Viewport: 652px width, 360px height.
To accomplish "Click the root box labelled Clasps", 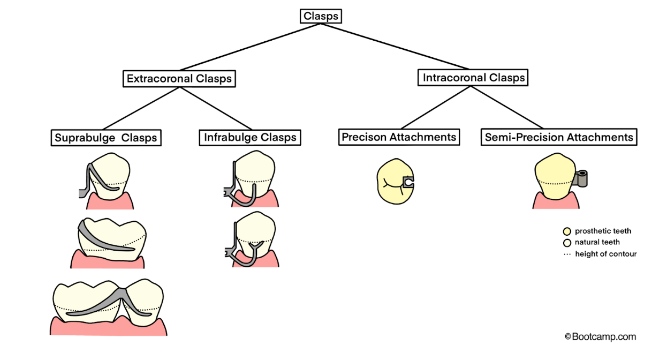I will pyautogui.click(x=321, y=16).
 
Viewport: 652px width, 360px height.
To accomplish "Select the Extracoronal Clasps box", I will pyautogui.click(x=179, y=79).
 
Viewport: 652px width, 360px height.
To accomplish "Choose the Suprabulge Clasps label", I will pyautogui.click(x=106, y=138).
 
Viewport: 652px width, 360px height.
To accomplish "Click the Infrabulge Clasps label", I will pyautogui.click(x=250, y=137).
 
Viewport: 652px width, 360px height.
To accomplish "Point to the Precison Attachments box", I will pyautogui.click(x=399, y=137).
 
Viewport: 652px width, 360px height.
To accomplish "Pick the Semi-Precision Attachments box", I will pyautogui.click(x=559, y=137).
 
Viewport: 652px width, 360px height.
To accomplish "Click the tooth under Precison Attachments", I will pyautogui.click(x=393, y=182).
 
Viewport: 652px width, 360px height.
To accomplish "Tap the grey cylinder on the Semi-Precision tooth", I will pyautogui.click(x=582, y=178).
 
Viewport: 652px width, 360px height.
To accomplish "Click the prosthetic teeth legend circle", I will pyautogui.click(x=567, y=231).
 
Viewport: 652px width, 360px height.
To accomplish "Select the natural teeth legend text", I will pyautogui.click(x=597, y=243).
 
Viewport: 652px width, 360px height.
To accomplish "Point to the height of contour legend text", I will pyautogui.click(x=605, y=254).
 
